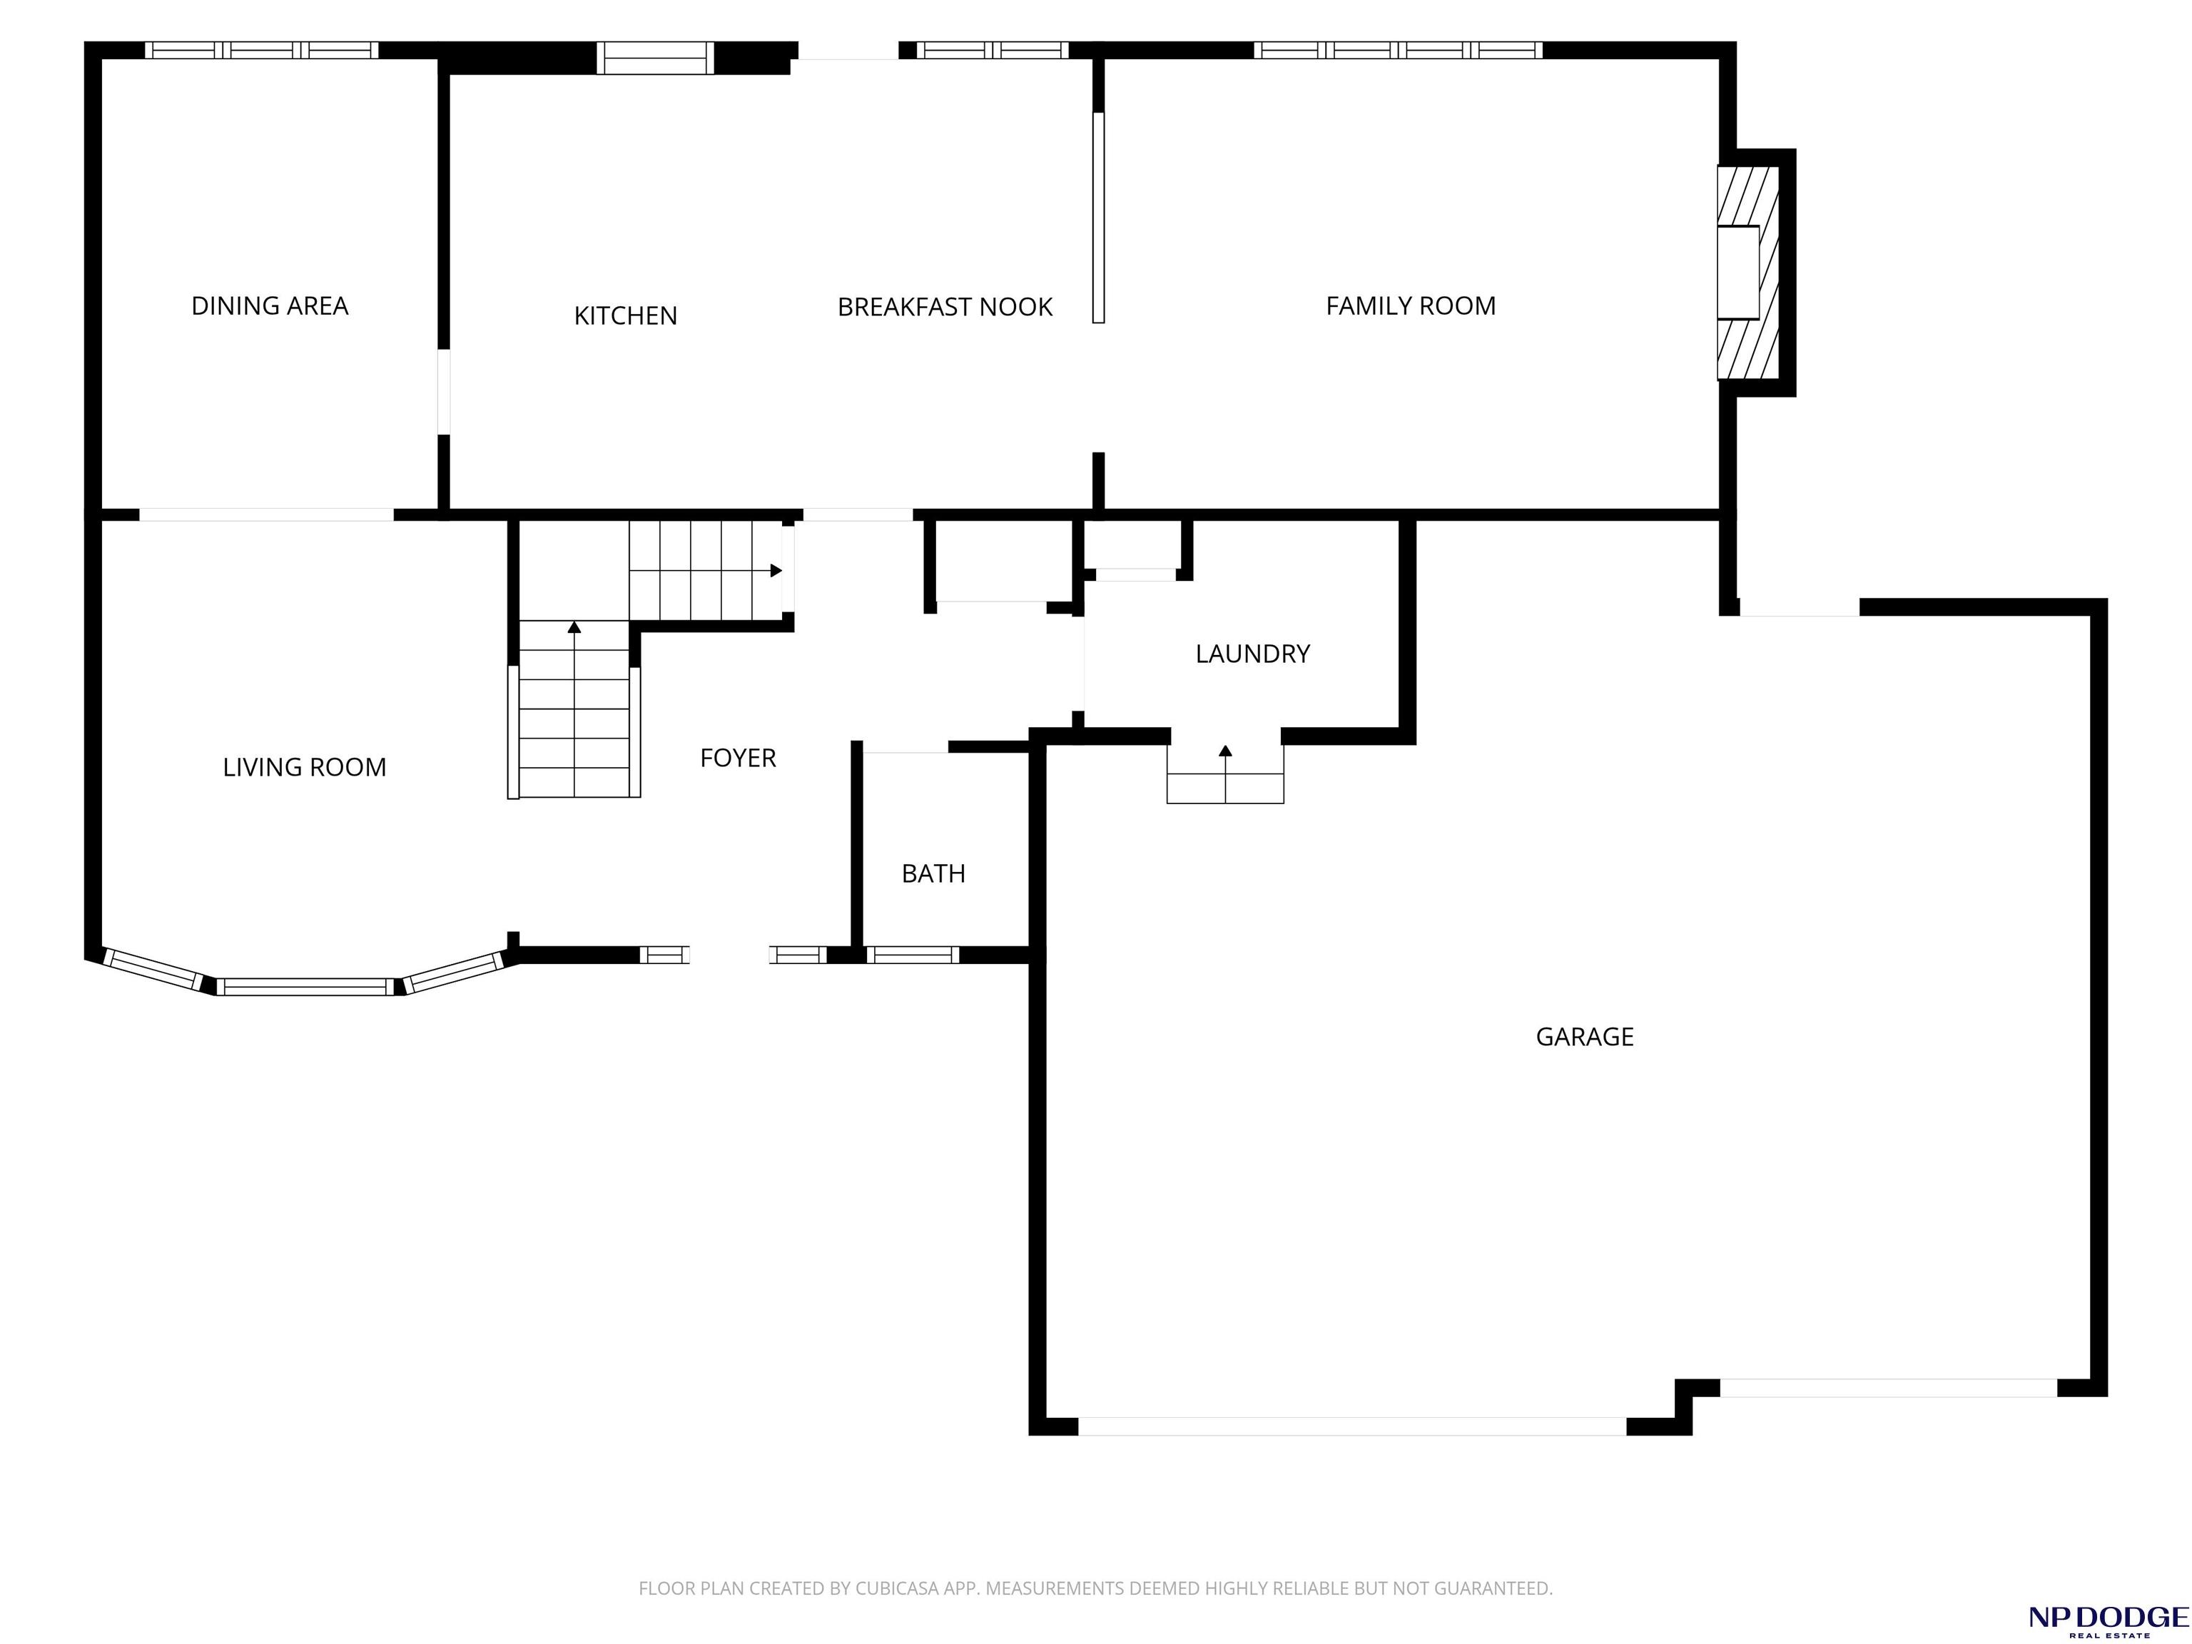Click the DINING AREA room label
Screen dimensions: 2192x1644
pyautogui.click(x=270, y=306)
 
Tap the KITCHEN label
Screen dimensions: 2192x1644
pyautogui.click(x=625, y=316)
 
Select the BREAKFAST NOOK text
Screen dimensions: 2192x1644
pyautogui.click(x=945, y=308)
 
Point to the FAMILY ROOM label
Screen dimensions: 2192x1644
pyautogui.click(x=1410, y=306)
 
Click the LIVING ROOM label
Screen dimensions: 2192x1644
pyautogui.click(x=304, y=767)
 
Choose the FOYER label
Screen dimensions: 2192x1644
pyautogui.click(x=737, y=758)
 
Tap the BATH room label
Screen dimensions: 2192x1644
pyautogui.click(x=933, y=873)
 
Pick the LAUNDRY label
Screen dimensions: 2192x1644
pyautogui.click(x=1252, y=654)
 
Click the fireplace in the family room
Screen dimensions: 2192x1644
pyautogui.click(x=1748, y=273)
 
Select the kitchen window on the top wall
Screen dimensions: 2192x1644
pyautogui.click(x=655, y=59)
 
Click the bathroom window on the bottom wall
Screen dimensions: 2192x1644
pyautogui.click(x=913, y=955)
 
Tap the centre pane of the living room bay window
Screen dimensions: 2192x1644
pyautogui.click(x=305, y=987)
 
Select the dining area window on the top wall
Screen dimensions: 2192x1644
pyautogui.click(x=262, y=49)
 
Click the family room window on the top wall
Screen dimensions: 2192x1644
pyautogui.click(x=1399, y=49)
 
